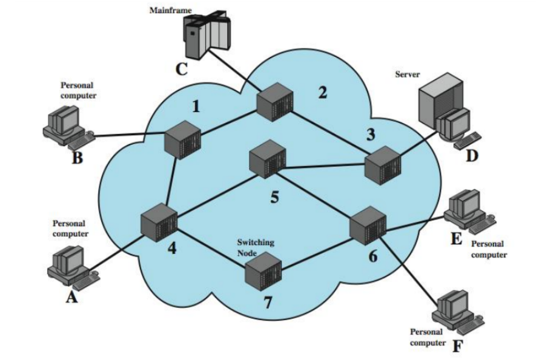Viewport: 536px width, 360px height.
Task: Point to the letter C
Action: pyautogui.click(x=182, y=69)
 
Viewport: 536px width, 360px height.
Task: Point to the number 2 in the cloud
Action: pyautogui.click(x=323, y=94)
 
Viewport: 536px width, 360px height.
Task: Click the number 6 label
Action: pyautogui.click(x=372, y=256)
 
